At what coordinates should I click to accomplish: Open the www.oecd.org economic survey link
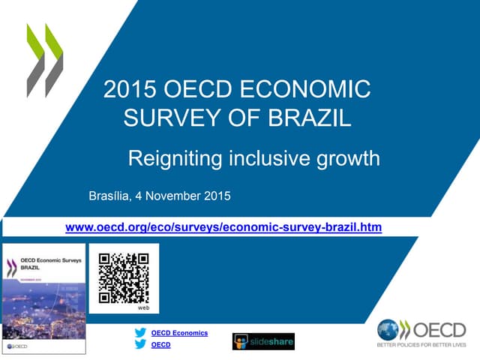[224, 226]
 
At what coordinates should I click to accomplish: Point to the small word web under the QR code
[144, 307]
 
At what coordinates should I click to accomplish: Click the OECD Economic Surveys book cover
[43, 298]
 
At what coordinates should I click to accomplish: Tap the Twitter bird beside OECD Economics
[140, 333]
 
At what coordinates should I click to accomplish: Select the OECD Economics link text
[179, 333]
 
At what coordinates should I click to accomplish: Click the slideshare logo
[263, 341]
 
